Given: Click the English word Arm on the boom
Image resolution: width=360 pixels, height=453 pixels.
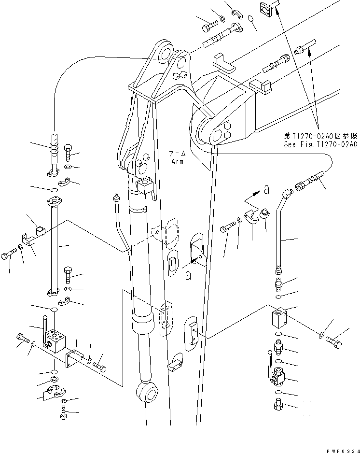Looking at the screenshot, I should [177, 162].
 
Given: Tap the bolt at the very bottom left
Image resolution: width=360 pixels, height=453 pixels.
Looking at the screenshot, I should [64, 411].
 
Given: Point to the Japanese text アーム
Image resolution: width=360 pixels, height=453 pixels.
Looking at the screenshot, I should [175, 153].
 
